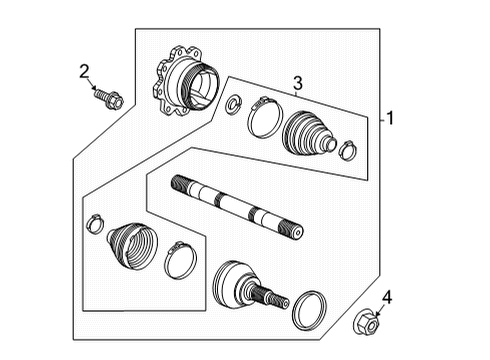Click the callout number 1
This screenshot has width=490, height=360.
(390, 118)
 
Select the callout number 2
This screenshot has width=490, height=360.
(85, 69)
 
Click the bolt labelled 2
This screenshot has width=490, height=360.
(109, 98)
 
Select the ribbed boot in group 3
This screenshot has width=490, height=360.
(308, 135)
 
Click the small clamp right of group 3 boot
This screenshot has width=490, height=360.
(347, 151)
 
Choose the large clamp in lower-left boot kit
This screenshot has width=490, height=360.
(181, 260)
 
